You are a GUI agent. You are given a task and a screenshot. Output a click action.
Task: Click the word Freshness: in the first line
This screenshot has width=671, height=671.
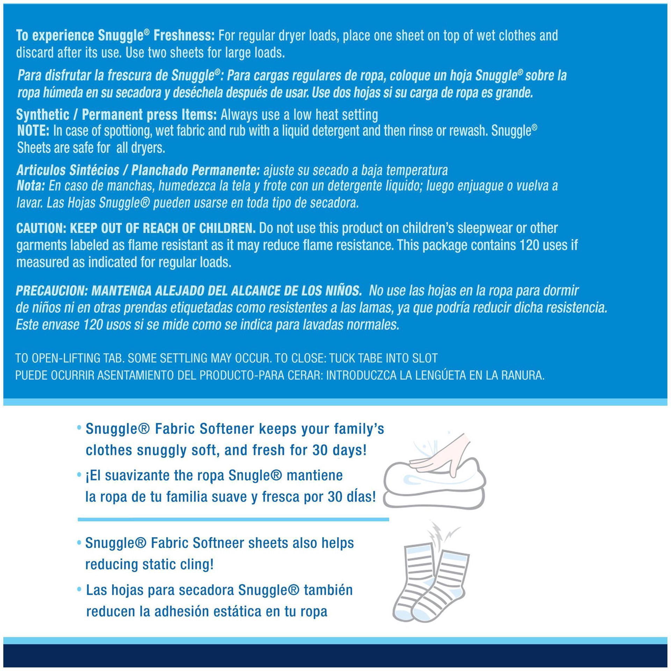pos(184,36)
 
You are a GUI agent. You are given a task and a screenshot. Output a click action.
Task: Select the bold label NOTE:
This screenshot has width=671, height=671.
pos(33,131)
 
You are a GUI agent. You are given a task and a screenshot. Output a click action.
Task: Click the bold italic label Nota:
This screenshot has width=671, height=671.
pos(31,186)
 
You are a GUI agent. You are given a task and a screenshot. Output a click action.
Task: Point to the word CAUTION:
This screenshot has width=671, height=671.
pos(41,228)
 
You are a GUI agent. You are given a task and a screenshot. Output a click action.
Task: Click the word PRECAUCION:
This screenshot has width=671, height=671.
pos(52,291)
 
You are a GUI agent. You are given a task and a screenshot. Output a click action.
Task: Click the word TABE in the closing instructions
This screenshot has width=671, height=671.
pos(366,358)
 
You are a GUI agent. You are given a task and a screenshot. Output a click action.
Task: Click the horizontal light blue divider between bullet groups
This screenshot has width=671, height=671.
pos(233,520)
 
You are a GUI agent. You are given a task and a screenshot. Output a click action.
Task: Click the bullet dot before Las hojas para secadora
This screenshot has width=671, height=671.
pos(79,590)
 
